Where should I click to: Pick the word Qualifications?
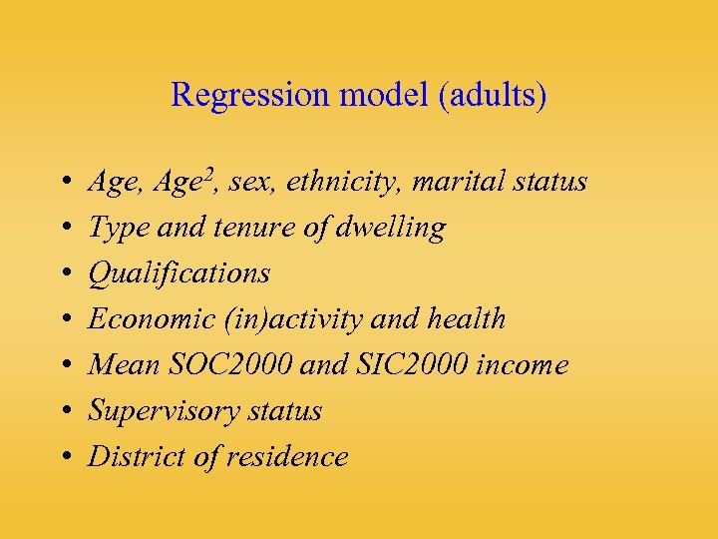179,273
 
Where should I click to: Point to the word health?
467,319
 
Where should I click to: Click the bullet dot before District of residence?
64,458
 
